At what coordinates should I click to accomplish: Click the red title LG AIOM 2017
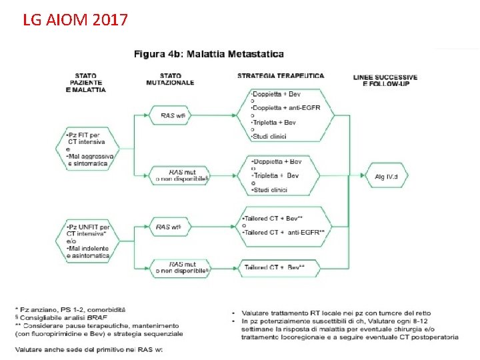[75, 19]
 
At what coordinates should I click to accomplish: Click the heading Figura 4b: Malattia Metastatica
[209, 54]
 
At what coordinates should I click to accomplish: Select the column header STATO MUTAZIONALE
[170, 79]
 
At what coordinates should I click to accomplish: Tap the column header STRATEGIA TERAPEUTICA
[281, 76]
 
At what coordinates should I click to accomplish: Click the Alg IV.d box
[386, 177]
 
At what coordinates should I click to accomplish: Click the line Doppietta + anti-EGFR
[287, 107]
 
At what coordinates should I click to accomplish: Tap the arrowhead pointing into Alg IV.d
[362, 177]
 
